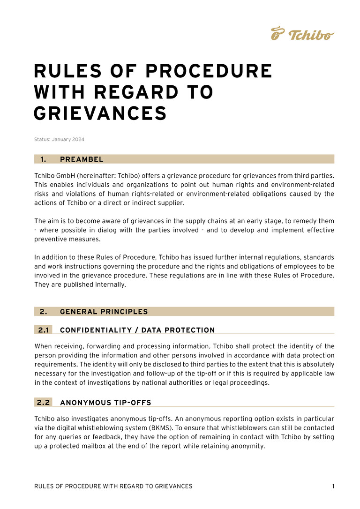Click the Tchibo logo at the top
point(302,34)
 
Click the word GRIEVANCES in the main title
point(100,113)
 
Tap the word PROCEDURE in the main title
point(209,71)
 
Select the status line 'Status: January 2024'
point(59,139)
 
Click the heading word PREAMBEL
point(82,159)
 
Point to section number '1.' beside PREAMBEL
point(43,159)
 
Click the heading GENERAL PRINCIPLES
point(104,312)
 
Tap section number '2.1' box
point(44,330)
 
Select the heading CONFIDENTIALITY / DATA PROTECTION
point(137,330)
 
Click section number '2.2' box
point(44,402)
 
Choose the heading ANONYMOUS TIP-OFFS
point(105,402)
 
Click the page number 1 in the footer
point(333,487)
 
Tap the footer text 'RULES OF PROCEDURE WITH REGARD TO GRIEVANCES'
point(113,487)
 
